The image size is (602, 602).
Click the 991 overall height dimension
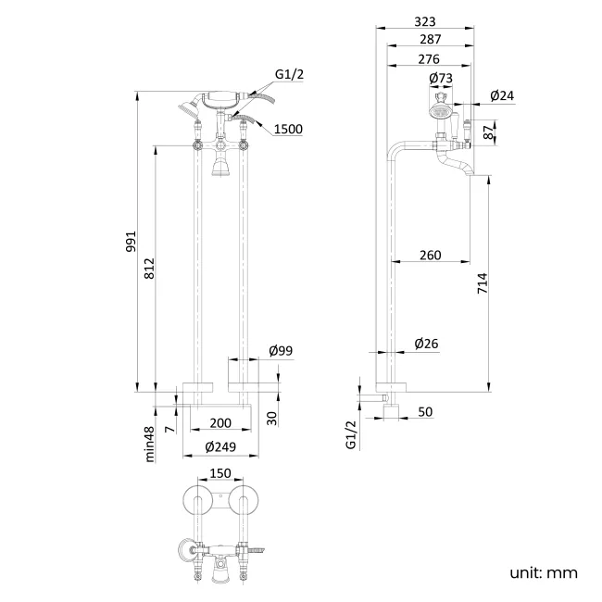[x=131, y=241]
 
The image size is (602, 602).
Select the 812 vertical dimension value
[x=150, y=268]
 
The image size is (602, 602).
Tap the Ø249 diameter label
[x=220, y=446]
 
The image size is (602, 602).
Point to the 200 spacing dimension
[x=219, y=422]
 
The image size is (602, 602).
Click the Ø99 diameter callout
[x=281, y=350]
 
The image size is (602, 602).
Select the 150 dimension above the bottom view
[x=219, y=472]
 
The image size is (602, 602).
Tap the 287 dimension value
[x=430, y=40]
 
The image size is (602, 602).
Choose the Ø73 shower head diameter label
[x=441, y=80]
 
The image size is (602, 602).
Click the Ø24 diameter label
[x=502, y=95]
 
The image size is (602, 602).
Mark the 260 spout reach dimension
[x=430, y=255]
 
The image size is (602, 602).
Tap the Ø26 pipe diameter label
[x=426, y=344]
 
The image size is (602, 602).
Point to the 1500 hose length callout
[x=288, y=129]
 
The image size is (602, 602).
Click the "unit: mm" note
[x=544, y=572]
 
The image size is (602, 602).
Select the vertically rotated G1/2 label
[x=351, y=434]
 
